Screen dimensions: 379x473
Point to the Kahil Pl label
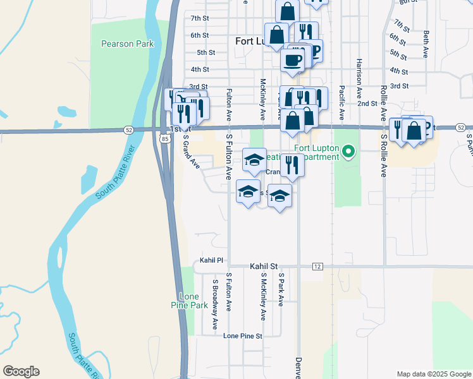coord(212,260)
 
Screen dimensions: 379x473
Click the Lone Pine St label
coord(243,336)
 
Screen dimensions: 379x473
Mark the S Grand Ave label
coord(191,150)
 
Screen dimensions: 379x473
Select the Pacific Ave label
coord(341,102)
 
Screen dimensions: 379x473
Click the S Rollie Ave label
coord(383,154)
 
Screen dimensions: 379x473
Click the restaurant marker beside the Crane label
coord(292,164)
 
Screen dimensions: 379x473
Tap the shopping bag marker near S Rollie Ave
coord(414,131)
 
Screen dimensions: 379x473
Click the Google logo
coord(21,371)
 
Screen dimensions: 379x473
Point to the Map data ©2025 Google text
coord(434,374)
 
